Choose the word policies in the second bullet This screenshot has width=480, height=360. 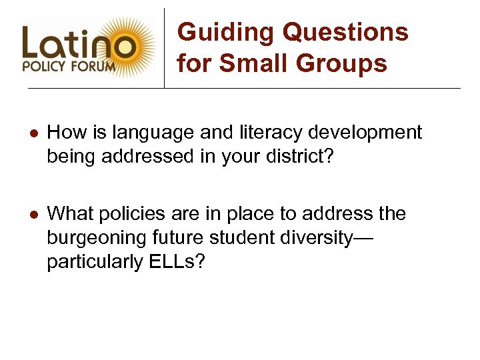click(x=139, y=214)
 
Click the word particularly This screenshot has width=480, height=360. click(x=95, y=263)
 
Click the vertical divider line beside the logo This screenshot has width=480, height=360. click(x=165, y=47)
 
